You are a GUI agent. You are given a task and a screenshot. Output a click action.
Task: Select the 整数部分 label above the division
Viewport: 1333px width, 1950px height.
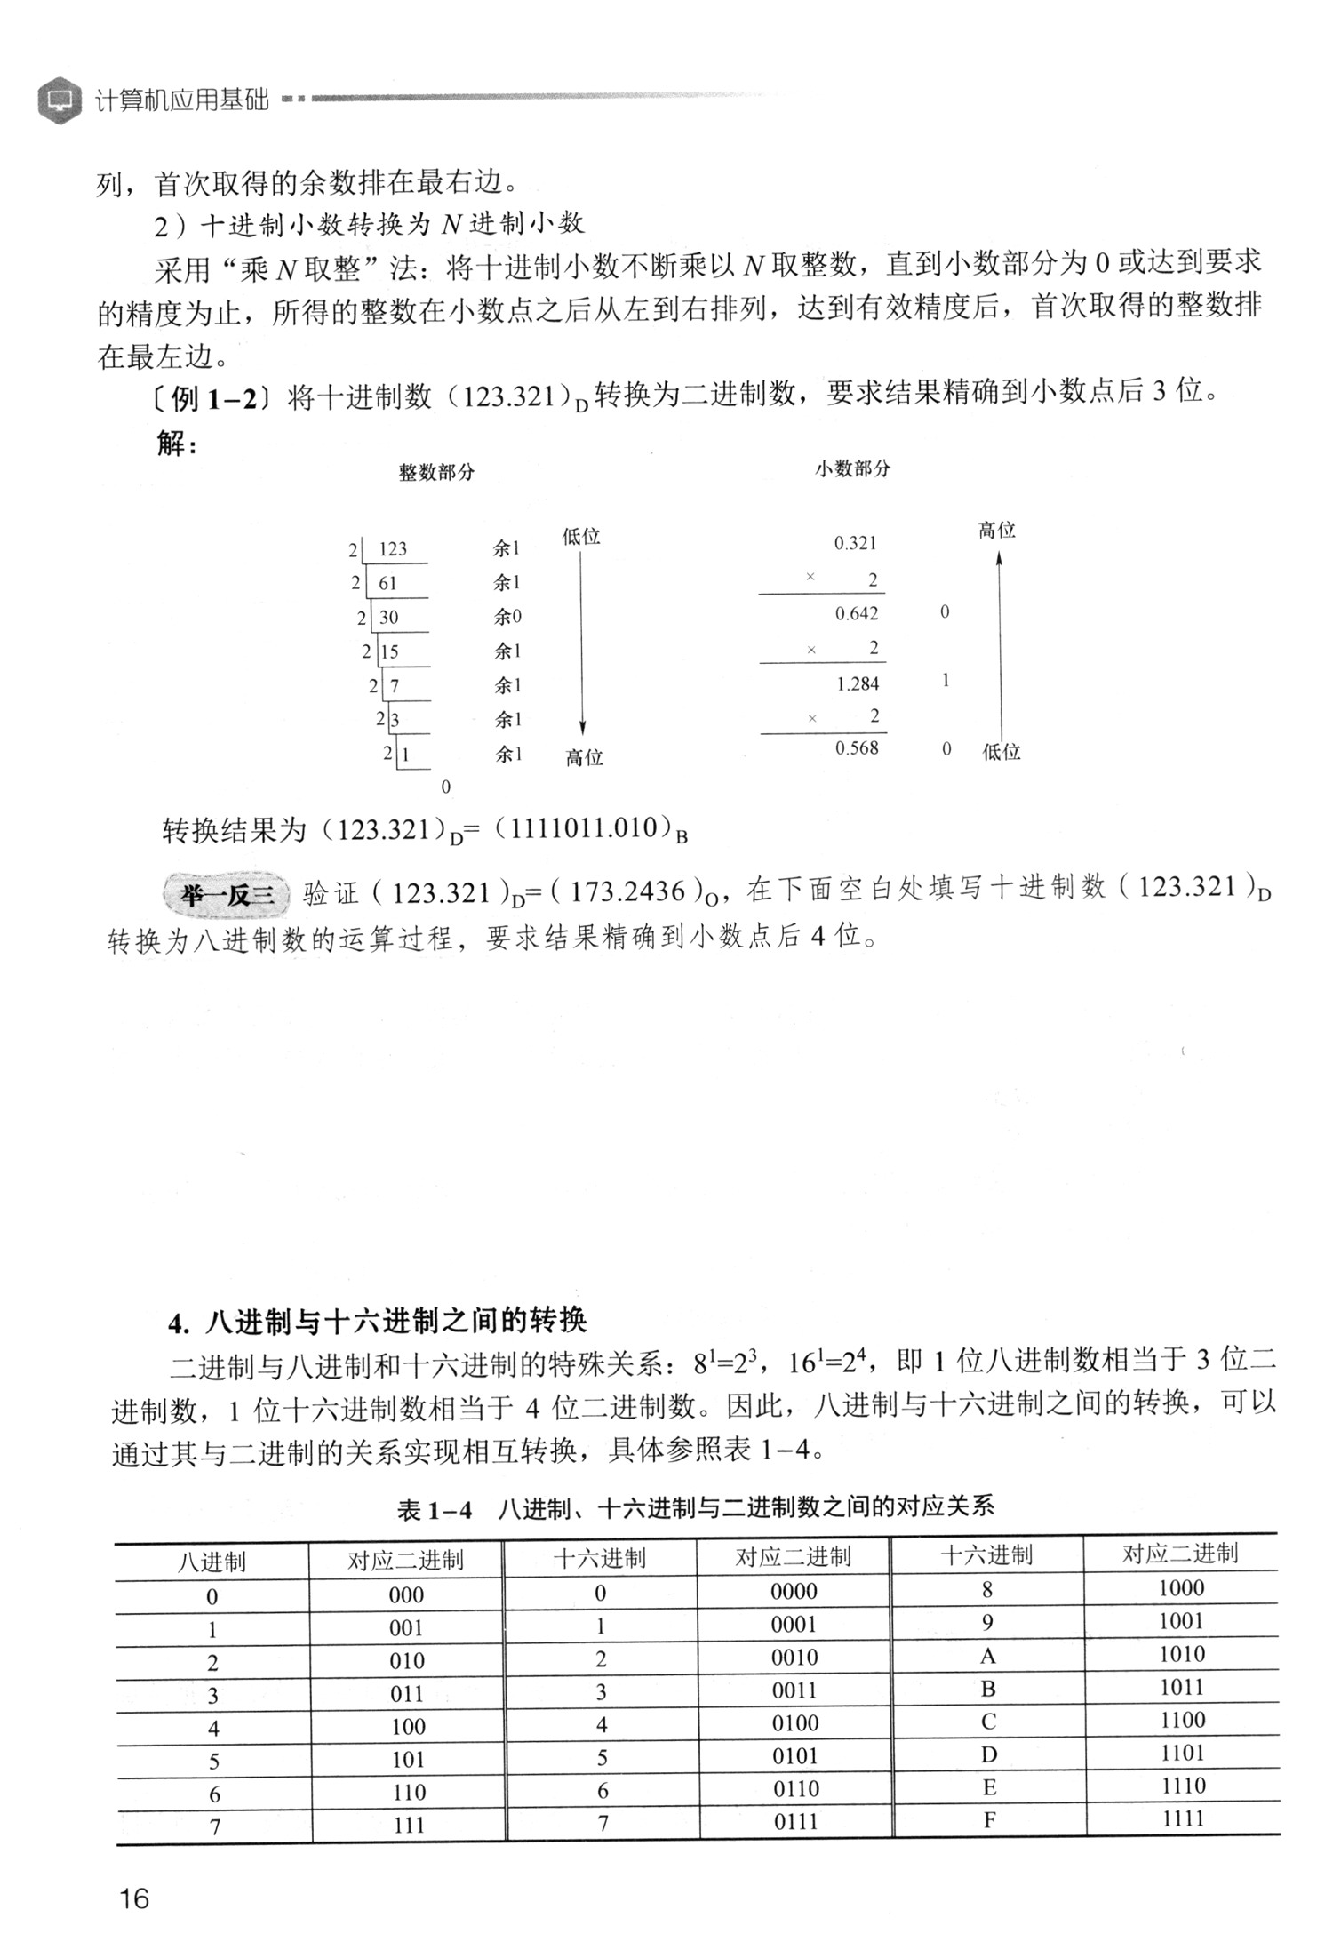coord(436,472)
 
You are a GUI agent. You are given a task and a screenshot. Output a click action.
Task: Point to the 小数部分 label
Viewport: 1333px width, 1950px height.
coord(852,468)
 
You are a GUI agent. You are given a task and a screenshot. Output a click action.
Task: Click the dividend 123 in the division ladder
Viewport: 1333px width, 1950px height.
coord(392,549)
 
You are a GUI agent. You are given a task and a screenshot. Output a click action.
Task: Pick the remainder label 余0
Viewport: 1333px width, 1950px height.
coord(507,617)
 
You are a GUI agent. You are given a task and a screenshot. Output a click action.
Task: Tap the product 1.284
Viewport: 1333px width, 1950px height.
coord(858,683)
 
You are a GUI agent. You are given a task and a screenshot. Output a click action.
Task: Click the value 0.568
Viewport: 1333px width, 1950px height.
coord(857,748)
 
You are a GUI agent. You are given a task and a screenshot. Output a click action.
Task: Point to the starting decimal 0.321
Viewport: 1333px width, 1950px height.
coord(855,543)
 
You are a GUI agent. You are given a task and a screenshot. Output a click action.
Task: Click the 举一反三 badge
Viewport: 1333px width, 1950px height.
coord(227,894)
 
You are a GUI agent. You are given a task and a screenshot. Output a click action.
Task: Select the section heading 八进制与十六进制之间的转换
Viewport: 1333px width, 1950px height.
coord(395,1322)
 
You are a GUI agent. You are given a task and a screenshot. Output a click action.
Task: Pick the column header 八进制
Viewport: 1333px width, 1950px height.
coord(212,1562)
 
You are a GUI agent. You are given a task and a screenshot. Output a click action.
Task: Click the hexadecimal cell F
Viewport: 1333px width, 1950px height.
coord(989,1820)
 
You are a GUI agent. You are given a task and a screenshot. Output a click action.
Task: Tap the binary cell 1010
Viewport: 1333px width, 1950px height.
coord(1182,1654)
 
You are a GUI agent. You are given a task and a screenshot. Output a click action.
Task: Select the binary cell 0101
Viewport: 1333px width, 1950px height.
coord(794,1756)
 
